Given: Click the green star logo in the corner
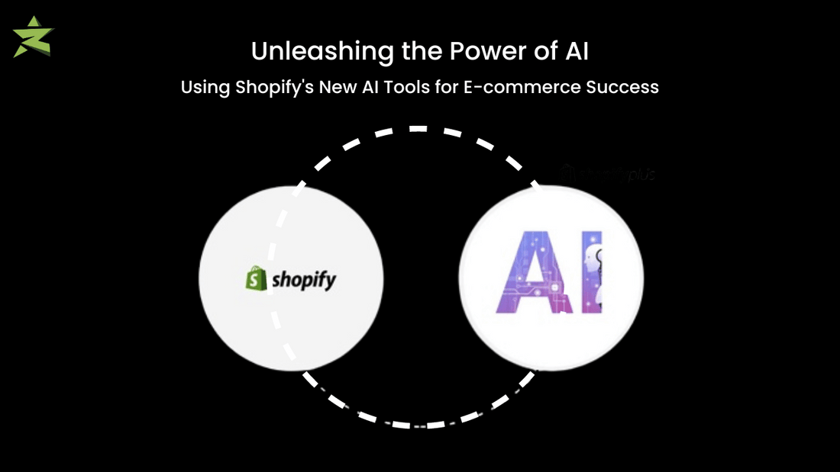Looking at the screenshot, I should tap(33, 37).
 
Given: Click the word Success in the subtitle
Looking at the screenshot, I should tap(622, 87).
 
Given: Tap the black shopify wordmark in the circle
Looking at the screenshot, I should tap(304, 281).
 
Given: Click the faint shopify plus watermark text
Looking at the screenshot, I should tap(609, 175).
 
